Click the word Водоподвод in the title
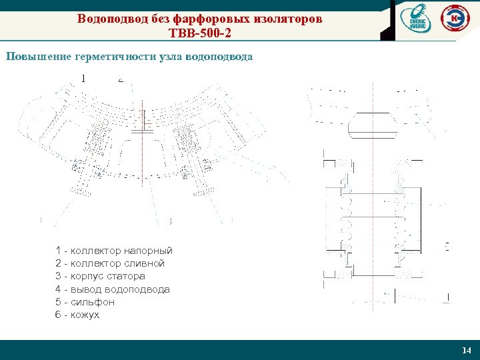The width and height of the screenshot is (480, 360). [106, 19]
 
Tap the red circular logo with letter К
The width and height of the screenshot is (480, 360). [455, 19]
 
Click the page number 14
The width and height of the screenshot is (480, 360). [466, 351]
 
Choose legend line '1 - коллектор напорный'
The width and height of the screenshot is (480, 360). [114, 251]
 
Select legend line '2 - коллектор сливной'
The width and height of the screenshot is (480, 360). [110, 263]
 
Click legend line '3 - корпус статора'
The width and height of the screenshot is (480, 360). [100, 276]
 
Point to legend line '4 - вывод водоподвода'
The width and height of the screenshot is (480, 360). [113, 289]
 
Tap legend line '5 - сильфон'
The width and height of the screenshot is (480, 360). [85, 302]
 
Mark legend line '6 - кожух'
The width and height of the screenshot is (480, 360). [77, 315]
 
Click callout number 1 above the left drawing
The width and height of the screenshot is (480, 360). [83, 78]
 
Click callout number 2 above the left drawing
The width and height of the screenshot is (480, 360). [120, 78]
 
